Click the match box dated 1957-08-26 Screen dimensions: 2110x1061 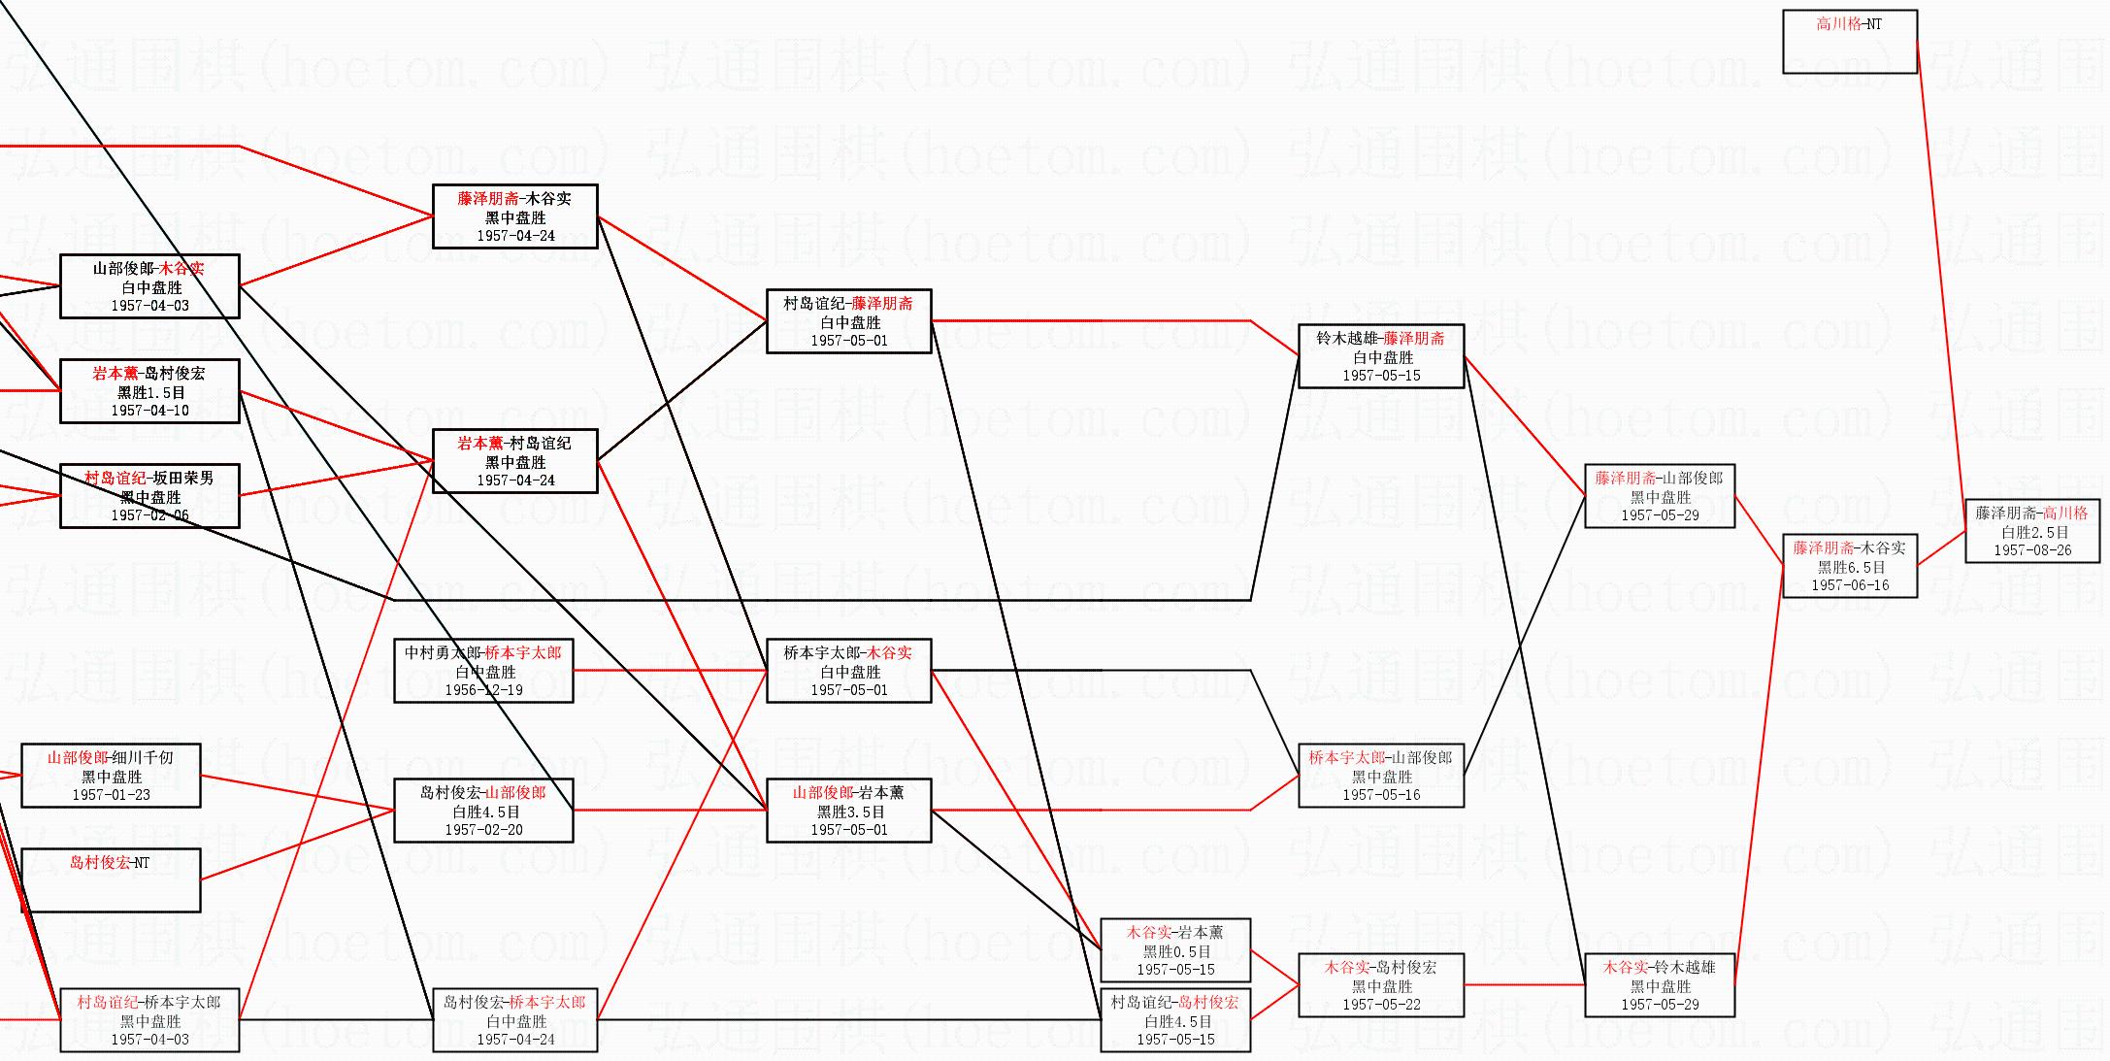[x=2032, y=531]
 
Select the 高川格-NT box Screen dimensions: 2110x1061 [x=1850, y=42]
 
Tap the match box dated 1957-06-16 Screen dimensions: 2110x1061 [x=1850, y=566]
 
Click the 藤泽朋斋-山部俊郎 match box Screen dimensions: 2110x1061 [x=1660, y=496]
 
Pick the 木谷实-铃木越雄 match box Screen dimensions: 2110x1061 [x=1660, y=985]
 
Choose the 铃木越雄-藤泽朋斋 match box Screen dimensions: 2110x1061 [x=1381, y=356]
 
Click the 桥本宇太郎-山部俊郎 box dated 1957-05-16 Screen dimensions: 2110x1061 [x=1381, y=776]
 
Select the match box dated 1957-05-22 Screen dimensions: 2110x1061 [x=1381, y=985]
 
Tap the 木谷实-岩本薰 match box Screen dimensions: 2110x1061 [x=1175, y=950]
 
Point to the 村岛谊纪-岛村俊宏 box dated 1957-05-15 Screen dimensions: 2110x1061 [x=1175, y=1020]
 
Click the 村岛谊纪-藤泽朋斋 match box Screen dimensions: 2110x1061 [x=849, y=321]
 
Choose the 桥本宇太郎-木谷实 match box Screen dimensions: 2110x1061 [x=849, y=671]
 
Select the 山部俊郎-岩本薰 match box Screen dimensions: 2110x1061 [x=849, y=811]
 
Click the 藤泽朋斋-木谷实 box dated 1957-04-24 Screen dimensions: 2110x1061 [x=515, y=216]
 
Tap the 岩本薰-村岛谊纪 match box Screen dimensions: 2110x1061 [x=515, y=461]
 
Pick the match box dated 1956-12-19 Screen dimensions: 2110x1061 [x=483, y=671]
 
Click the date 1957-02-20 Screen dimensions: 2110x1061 [x=483, y=830]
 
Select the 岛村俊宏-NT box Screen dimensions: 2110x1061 [x=111, y=880]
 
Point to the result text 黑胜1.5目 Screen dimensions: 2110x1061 [x=150, y=392]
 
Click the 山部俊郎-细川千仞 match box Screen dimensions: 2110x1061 [x=111, y=776]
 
